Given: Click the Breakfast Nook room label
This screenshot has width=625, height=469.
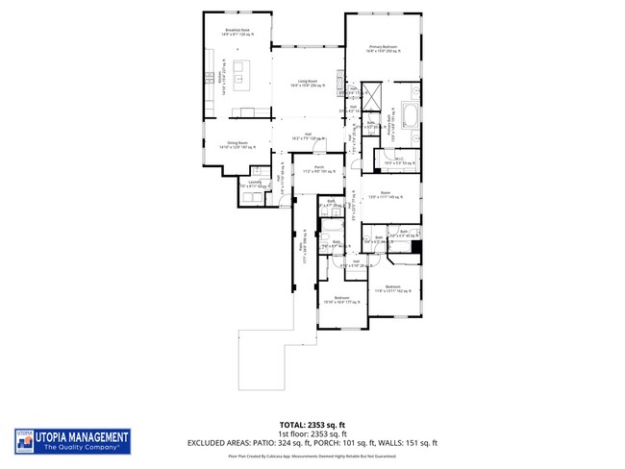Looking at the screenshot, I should (x=237, y=32).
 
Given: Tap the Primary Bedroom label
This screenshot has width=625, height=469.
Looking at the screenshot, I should (x=383, y=48).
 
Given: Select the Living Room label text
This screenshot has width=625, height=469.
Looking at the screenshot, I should (x=308, y=84).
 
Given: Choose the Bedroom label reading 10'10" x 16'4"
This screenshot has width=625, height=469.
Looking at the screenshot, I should (x=340, y=300).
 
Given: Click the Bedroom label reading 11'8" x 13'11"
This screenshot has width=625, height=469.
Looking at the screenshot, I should (x=392, y=288).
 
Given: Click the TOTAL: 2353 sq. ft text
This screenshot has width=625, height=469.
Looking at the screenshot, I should (x=312, y=424).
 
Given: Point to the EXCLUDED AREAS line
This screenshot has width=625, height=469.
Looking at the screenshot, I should (x=312, y=442).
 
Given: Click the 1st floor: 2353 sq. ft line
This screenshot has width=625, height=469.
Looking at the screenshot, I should (x=312, y=432).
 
